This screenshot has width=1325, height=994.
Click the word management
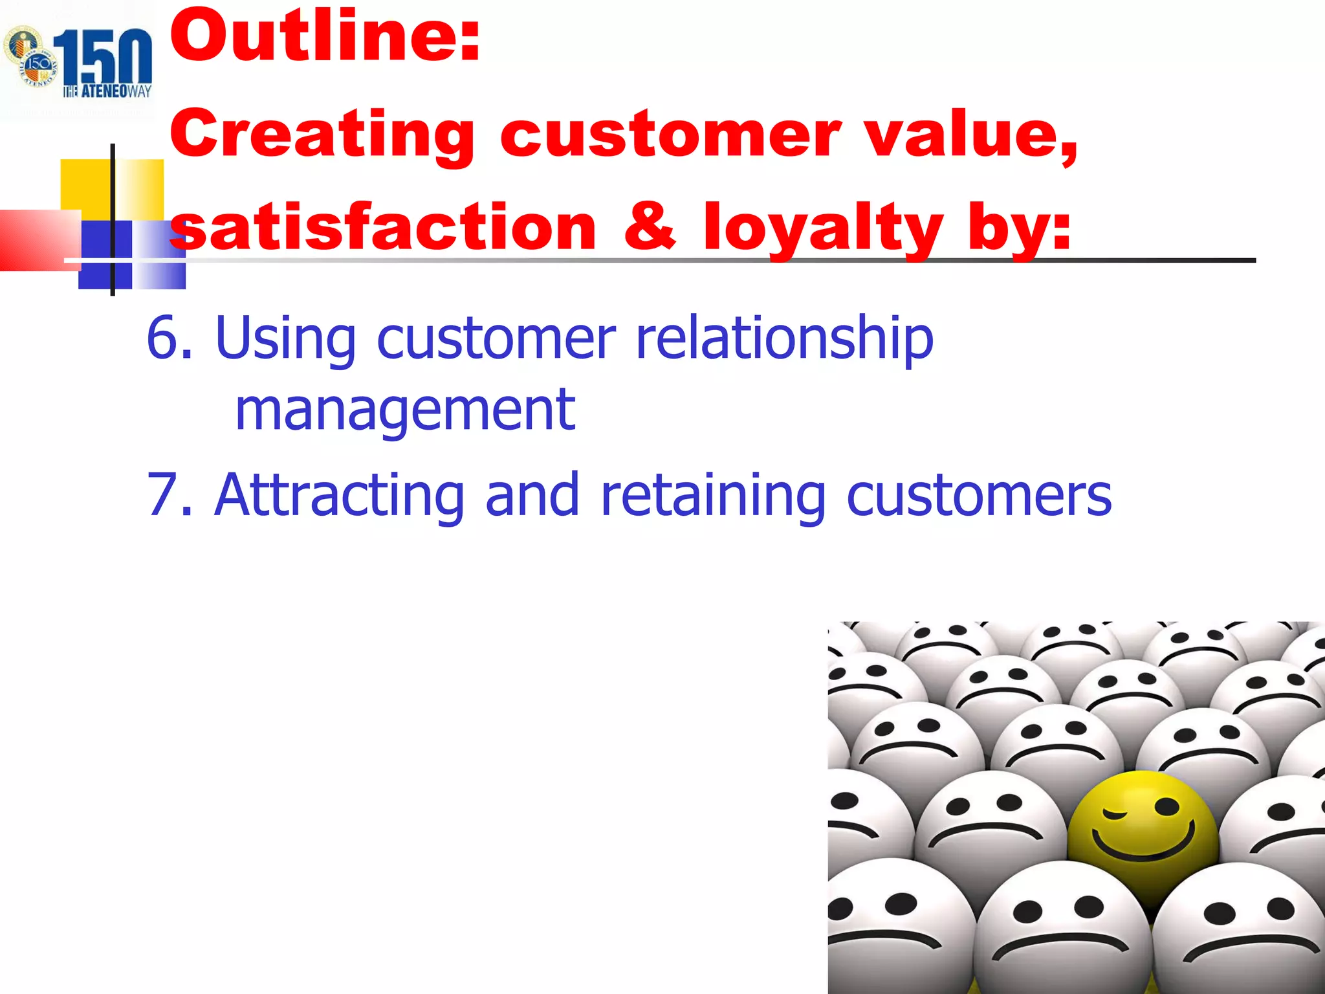pos(405,410)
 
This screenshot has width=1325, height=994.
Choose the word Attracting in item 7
pos(338,495)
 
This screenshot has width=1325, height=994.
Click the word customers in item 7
pos(979,496)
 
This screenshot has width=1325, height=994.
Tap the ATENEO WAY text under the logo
pos(107,91)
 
